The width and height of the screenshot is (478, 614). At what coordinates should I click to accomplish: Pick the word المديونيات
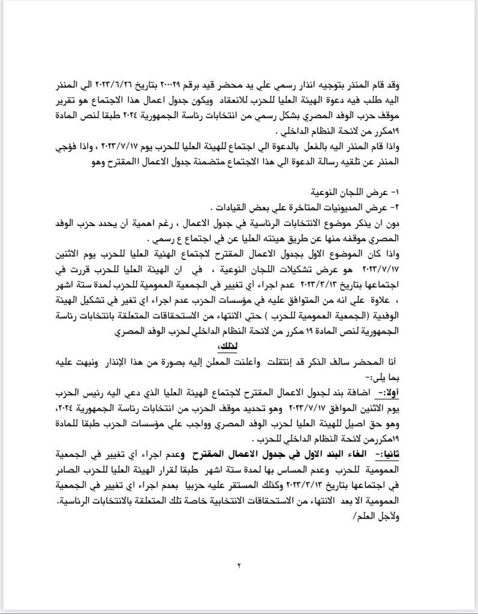(x=351, y=207)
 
